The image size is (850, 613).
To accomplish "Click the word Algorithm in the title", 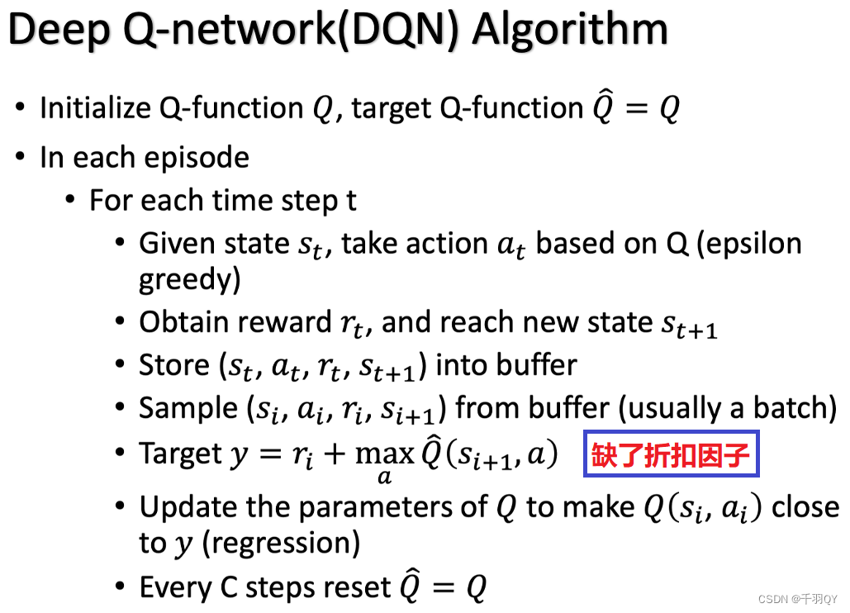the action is click(x=570, y=30).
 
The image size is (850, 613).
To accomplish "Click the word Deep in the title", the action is click(x=59, y=31).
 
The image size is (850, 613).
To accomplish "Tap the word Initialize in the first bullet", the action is click(x=96, y=107).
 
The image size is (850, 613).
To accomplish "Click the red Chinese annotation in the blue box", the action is click(x=671, y=454).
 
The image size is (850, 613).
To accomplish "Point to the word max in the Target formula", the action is click(x=384, y=454).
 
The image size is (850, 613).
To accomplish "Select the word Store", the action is click(x=174, y=365).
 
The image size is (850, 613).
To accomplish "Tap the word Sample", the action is click(x=188, y=409).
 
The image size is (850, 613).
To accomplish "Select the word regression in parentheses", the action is click(x=281, y=544).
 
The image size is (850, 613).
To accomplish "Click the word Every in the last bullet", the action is click(x=176, y=588).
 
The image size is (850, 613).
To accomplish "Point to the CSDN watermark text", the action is click(x=797, y=599).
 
